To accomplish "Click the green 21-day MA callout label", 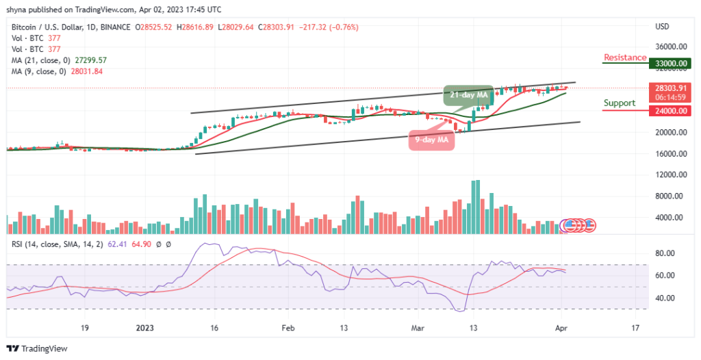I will [x=468, y=94].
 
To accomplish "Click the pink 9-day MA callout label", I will [x=432, y=140].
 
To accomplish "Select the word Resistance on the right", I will [x=624, y=57].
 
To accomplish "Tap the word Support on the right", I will [x=619, y=103].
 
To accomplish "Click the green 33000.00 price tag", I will [x=671, y=63].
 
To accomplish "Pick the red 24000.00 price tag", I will [x=671, y=111].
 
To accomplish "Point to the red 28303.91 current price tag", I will [x=671, y=88].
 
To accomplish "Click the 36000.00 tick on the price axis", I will [x=671, y=47].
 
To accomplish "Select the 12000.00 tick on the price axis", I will [x=671, y=175].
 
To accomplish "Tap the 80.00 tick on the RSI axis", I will [x=666, y=253].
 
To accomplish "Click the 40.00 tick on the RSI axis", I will [x=666, y=298].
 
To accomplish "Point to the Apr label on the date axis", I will [x=561, y=327].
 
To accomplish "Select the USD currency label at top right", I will [x=661, y=27].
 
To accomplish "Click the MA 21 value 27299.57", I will [x=88, y=60].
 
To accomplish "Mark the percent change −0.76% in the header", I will [x=344, y=27].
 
